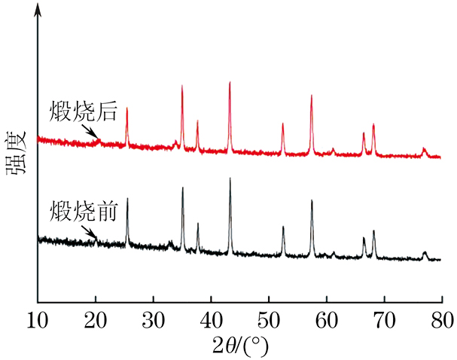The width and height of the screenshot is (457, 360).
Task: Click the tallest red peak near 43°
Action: click(x=230, y=82)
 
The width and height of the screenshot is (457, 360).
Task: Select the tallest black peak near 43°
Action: click(x=230, y=179)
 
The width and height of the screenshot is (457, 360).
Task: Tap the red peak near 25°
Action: click(x=126, y=108)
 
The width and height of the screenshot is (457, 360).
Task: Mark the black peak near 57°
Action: click(x=312, y=201)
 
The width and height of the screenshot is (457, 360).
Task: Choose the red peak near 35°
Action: click(x=182, y=86)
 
